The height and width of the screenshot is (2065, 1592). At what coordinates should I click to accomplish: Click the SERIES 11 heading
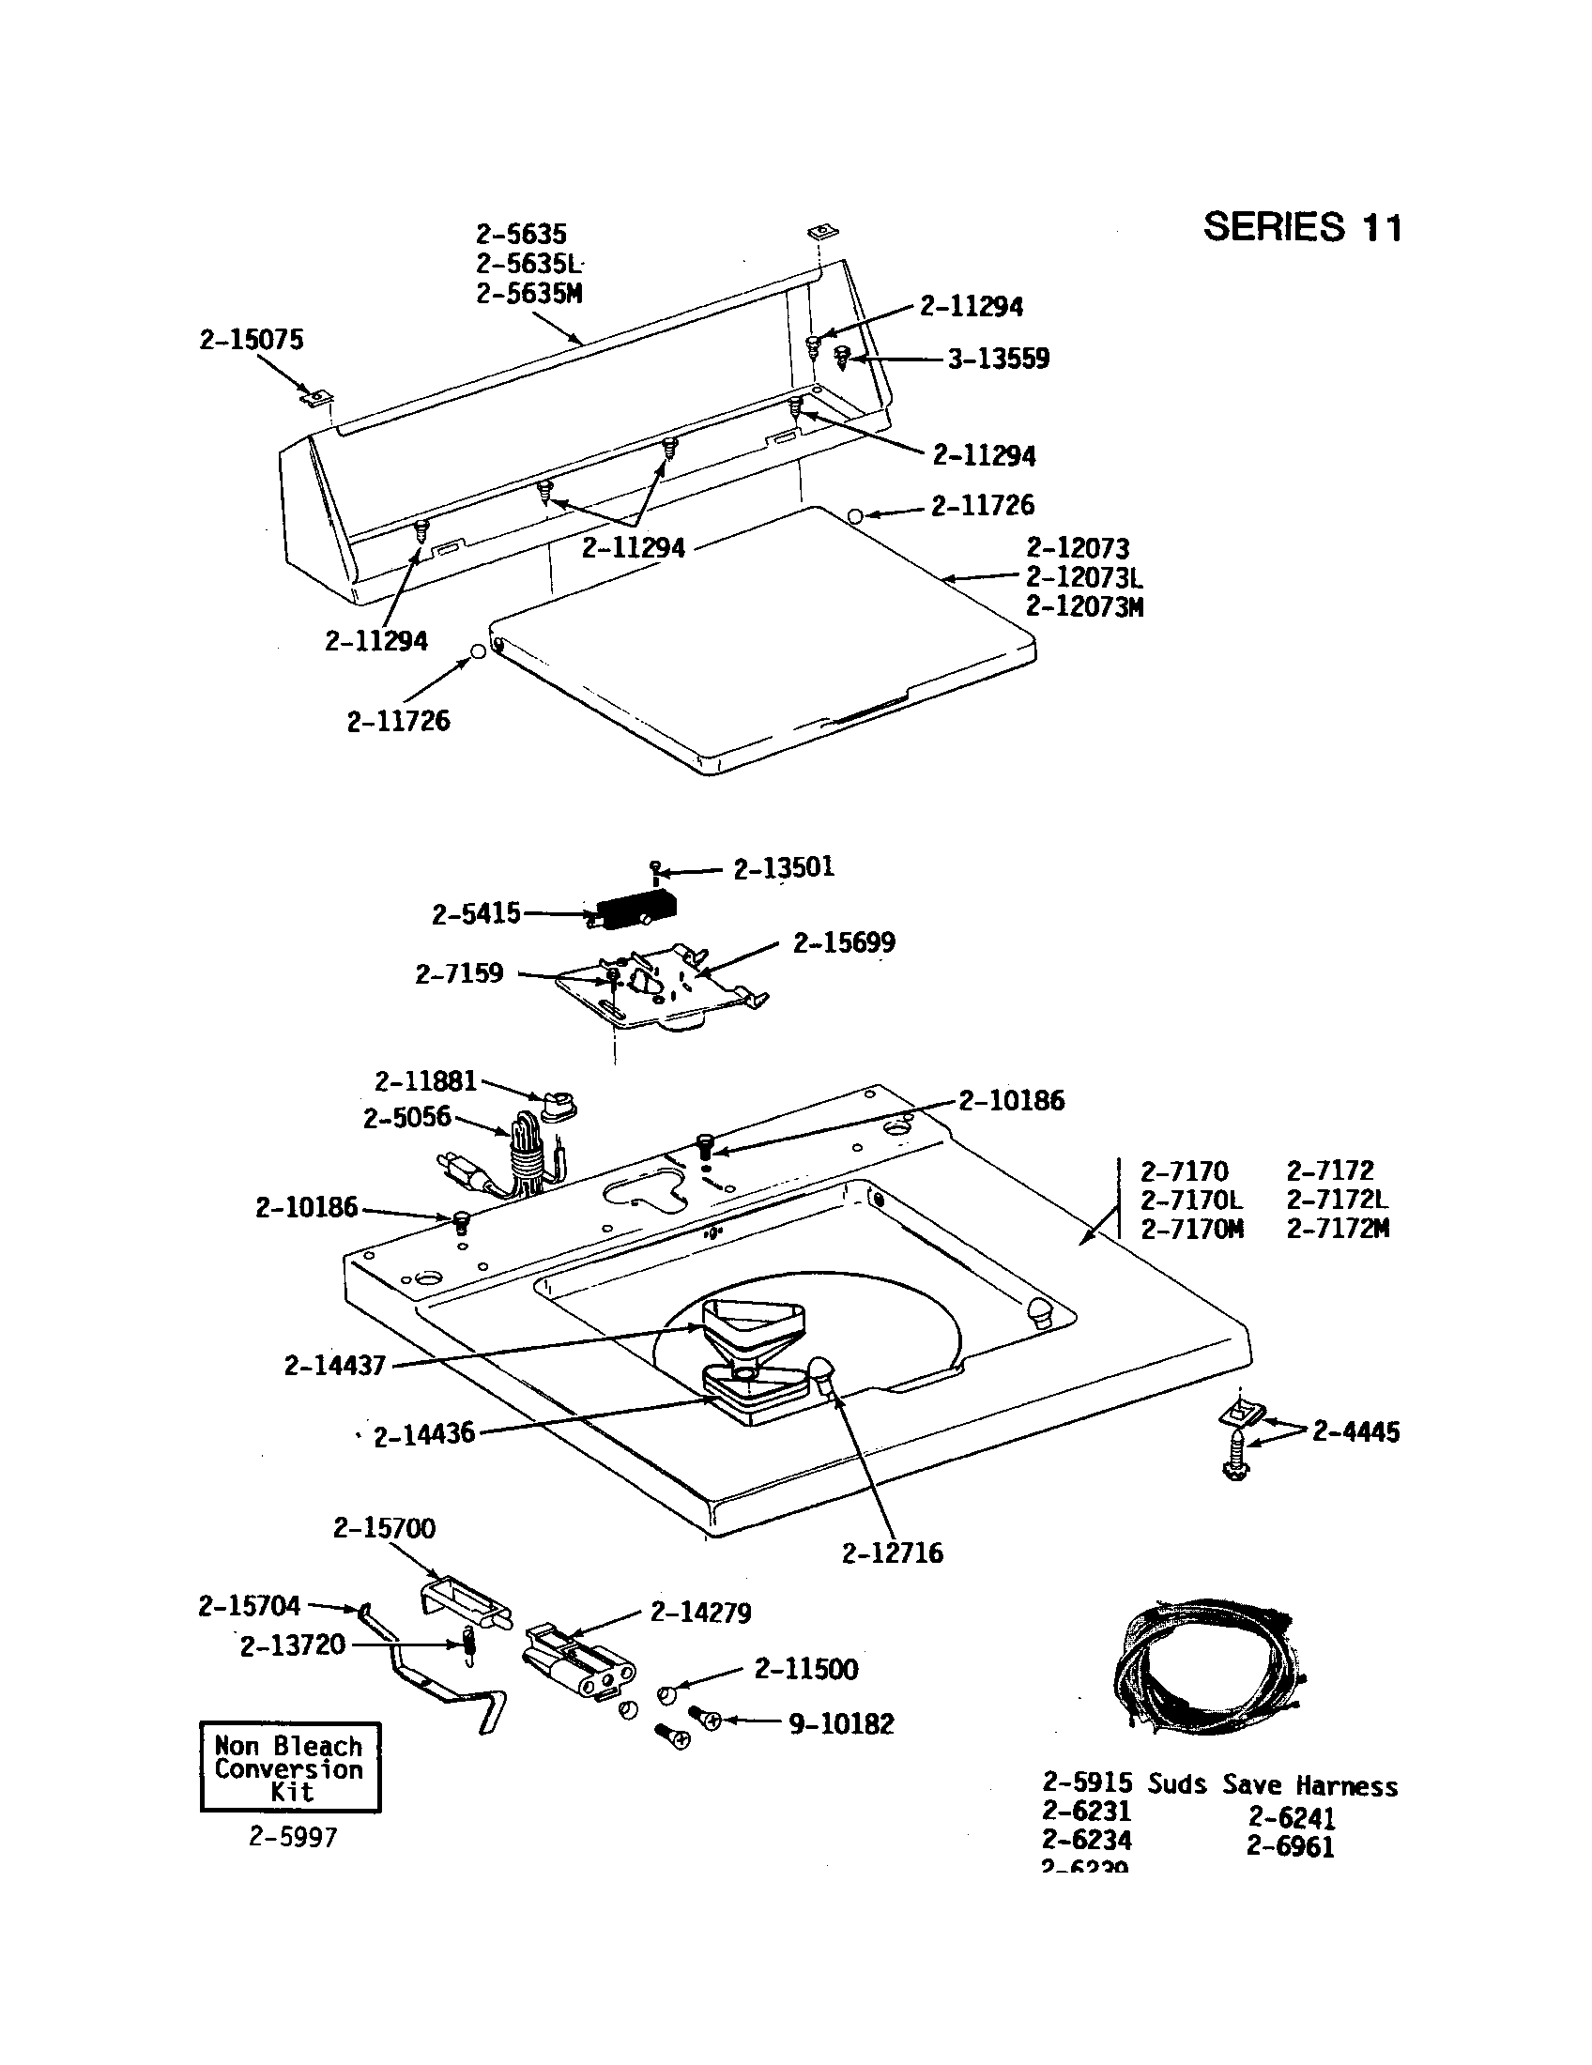point(1302,228)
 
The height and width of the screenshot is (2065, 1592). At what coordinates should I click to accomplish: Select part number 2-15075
point(252,340)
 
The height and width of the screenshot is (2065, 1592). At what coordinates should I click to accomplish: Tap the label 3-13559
point(999,359)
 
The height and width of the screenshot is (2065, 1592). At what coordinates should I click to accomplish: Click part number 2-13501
point(784,868)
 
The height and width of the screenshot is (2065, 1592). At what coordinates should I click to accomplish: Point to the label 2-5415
point(476,914)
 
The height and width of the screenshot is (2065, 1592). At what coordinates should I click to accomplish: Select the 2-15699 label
point(843,942)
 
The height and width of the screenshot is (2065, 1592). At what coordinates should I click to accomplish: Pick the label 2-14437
point(335,1366)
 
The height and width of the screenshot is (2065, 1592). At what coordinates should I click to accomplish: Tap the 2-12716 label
point(892,1553)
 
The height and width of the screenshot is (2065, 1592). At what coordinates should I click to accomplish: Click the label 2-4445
point(1355,1431)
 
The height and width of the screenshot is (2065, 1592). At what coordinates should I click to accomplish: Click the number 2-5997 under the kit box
point(293,1837)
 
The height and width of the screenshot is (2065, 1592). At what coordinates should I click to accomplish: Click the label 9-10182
point(840,1723)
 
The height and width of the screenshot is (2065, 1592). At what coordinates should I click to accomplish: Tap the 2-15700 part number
point(384,1529)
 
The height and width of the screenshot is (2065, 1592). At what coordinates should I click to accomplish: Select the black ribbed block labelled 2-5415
point(635,910)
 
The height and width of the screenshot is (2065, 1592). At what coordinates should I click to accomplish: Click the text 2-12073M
point(1084,607)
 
